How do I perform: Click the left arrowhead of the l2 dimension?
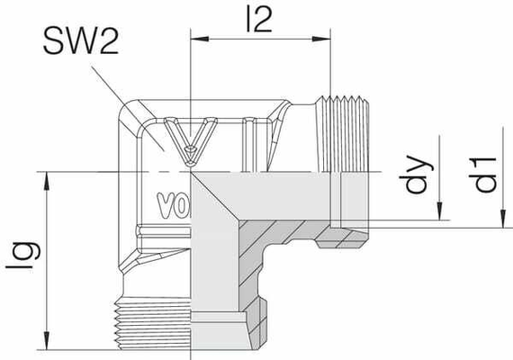(198, 39)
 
